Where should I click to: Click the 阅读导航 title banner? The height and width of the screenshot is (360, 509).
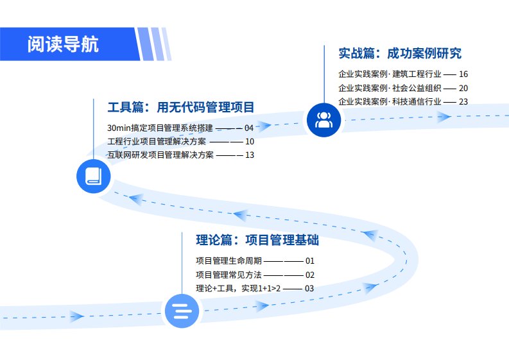pyautogui.click(x=64, y=44)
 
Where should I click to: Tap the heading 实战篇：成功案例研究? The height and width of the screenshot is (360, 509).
pyautogui.click(x=399, y=53)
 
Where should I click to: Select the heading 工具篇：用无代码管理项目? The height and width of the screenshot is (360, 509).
pyautogui.click(x=180, y=107)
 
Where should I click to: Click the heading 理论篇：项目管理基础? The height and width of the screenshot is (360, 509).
pyautogui.click(x=257, y=240)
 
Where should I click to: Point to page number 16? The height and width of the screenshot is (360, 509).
pyautogui.click(x=463, y=74)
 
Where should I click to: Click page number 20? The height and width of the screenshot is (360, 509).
pyautogui.click(x=463, y=88)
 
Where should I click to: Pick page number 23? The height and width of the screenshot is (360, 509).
pyautogui.click(x=463, y=101)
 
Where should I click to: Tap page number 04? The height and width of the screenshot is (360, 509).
pyautogui.click(x=249, y=128)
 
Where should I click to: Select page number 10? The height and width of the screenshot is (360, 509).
pyautogui.click(x=250, y=141)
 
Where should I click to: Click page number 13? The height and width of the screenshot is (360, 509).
pyautogui.click(x=250, y=155)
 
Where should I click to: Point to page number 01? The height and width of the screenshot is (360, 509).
pyautogui.click(x=309, y=261)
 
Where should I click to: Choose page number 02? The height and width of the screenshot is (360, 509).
pyautogui.click(x=309, y=275)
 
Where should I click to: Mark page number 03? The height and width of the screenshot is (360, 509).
pyautogui.click(x=309, y=288)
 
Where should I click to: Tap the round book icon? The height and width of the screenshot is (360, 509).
pyautogui.click(x=94, y=175)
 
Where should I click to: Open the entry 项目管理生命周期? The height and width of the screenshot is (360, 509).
pyautogui.click(x=229, y=261)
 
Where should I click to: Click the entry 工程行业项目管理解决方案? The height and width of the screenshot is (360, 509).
pyautogui.click(x=157, y=141)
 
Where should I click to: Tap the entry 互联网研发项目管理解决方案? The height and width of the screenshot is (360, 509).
pyautogui.click(x=160, y=155)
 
